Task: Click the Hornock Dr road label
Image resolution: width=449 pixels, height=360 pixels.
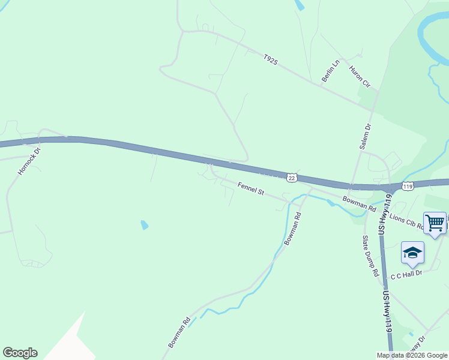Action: tap(29, 161)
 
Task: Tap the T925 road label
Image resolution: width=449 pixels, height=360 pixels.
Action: tap(270, 60)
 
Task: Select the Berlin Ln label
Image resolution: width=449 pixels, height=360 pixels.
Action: tap(330, 70)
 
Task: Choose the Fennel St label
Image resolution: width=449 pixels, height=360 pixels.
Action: tap(251, 189)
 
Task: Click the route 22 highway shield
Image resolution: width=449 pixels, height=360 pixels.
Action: tap(292, 178)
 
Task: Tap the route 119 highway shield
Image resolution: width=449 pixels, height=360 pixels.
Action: tap(408, 187)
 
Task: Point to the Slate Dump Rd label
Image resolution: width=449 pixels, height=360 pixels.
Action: tap(370, 255)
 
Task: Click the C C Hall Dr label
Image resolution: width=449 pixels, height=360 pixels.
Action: tap(407, 274)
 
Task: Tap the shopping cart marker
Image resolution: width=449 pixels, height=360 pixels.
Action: tap(435, 223)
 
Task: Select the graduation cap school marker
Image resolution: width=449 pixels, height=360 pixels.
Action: tap(412, 253)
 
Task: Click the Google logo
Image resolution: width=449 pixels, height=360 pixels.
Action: tap(20, 353)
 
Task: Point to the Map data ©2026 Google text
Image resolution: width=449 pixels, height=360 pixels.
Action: tap(412, 355)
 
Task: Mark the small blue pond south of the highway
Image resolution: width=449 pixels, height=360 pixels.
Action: tap(144, 225)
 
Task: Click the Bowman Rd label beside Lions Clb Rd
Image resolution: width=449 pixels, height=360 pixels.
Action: tap(359, 203)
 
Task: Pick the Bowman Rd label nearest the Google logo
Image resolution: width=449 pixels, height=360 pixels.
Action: tap(179, 332)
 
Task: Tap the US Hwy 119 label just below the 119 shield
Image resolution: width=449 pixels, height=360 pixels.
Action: tap(384, 214)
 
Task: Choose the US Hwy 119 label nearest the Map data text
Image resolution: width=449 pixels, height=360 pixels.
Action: tap(388, 311)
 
